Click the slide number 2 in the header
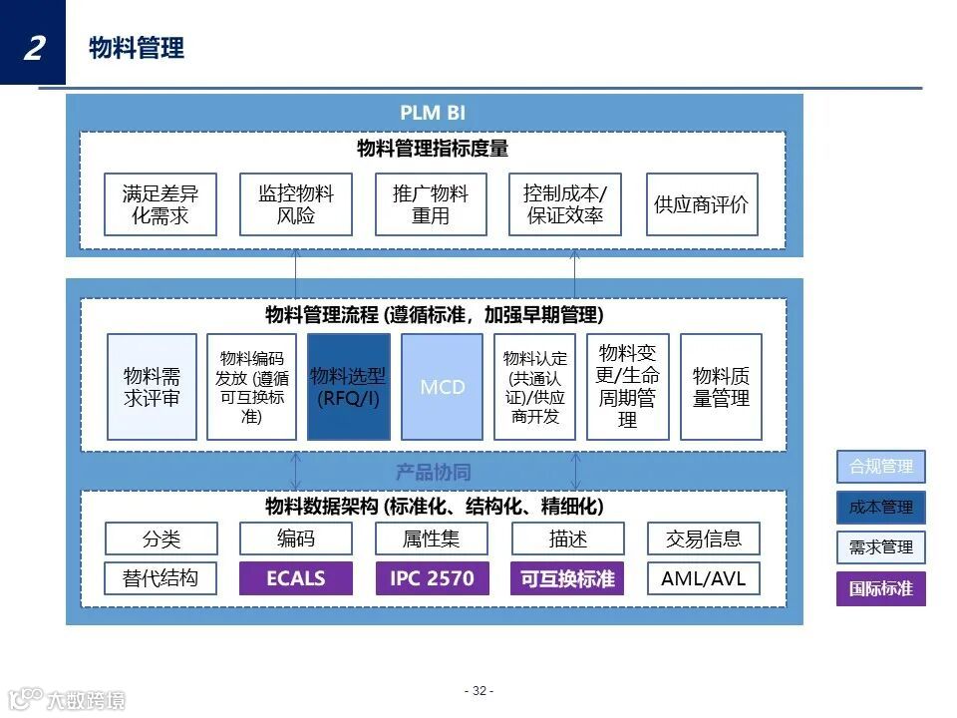pyautogui.click(x=33, y=46)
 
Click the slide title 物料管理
pyautogui.click(x=137, y=48)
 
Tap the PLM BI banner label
pyautogui.click(x=433, y=113)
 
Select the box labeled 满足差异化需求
pyautogui.click(x=160, y=204)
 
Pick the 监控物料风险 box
pyautogui.click(x=296, y=204)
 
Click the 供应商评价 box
pyautogui.click(x=702, y=204)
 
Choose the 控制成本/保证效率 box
pyautogui.click(x=565, y=204)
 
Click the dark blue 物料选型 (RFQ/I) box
pyautogui.click(x=349, y=387)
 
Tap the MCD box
pyautogui.click(x=443, y=387)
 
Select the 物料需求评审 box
pyautogui.click(x=153, y=387)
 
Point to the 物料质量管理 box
pyautogui.click(x=721, y=387)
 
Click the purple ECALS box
pyautogui.click(x=296, y=578)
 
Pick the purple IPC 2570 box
pyautogui.click(x=432, y=578)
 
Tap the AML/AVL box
pyautogui.click(x=703, y=578)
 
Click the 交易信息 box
pyautogui.click(x=703, y=538)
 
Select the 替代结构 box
pyautogui.click(x=160, y=578)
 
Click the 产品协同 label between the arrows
pyautogui.click(x=433, y=472)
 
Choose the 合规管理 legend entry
pyautogui.click(x=881, y=467)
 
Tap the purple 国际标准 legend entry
pyautogui.click(x=881, y=588)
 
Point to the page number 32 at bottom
pyautogui.click(x=478, y=691)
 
